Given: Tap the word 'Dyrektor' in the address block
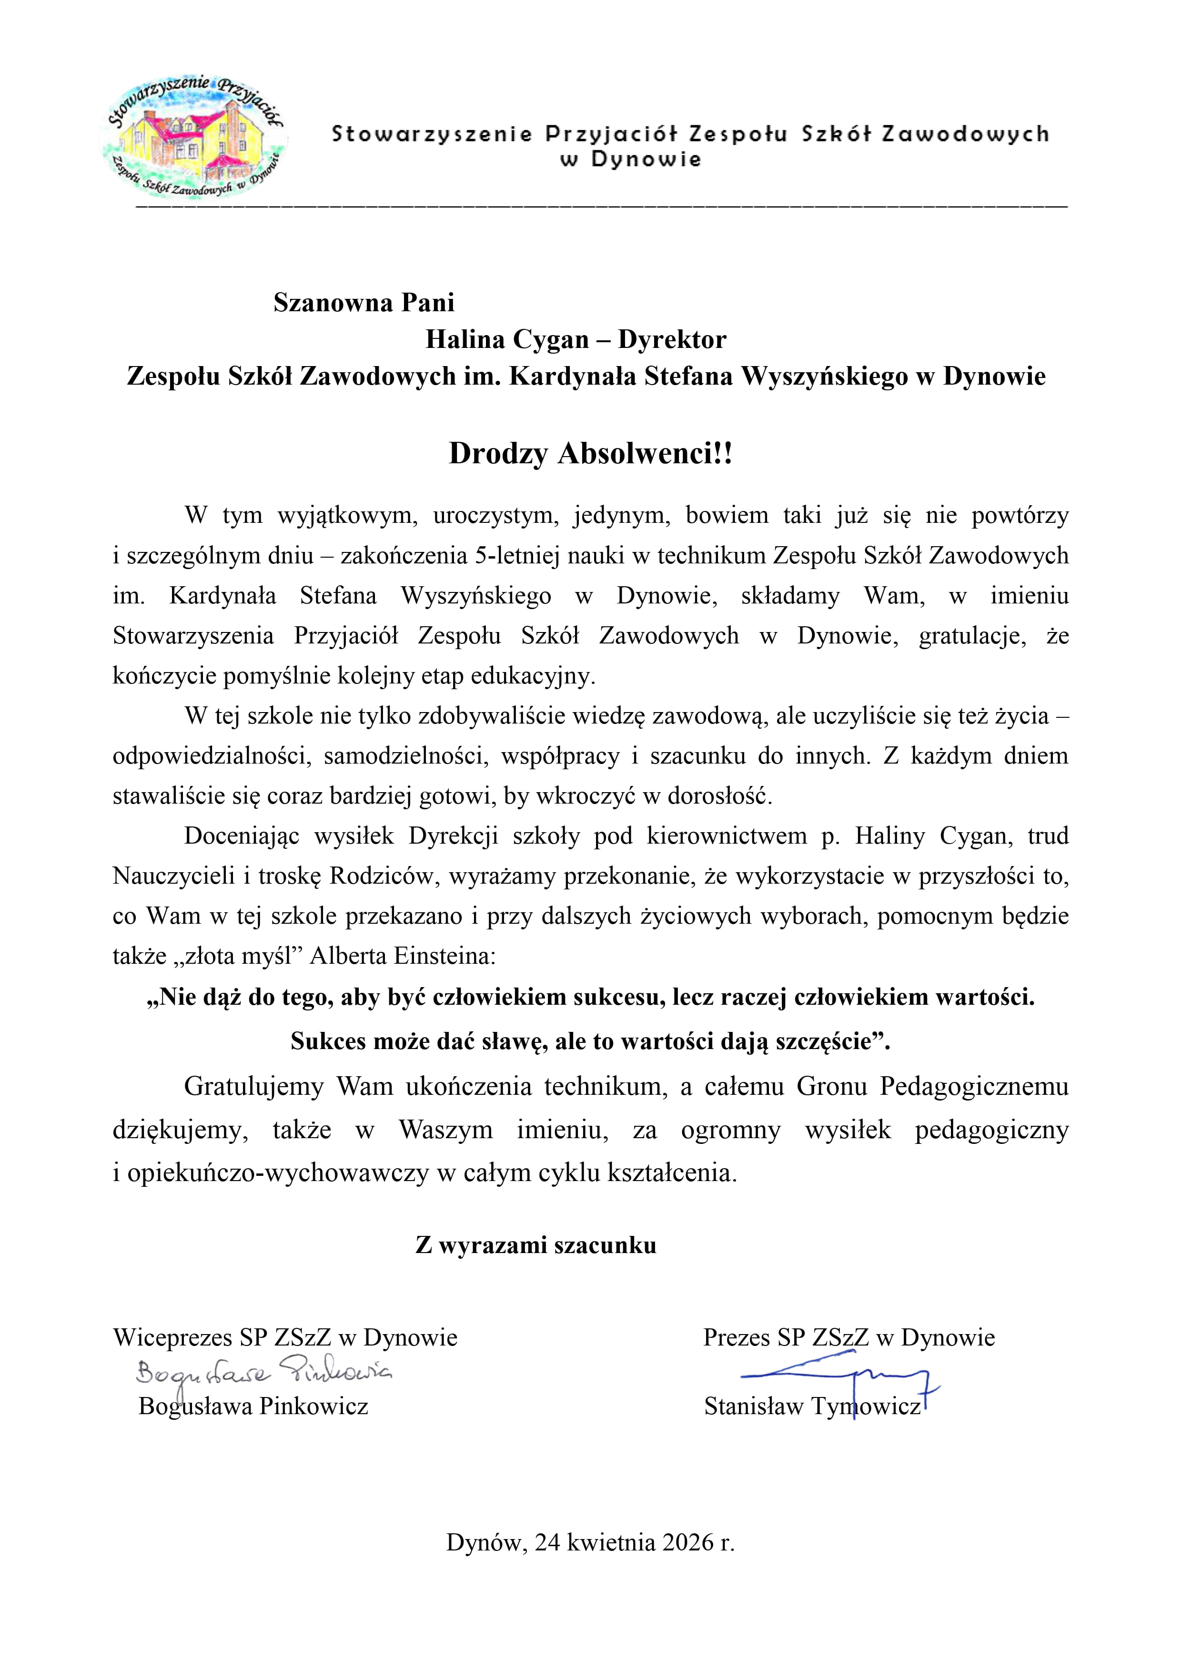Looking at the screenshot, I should point(672,339).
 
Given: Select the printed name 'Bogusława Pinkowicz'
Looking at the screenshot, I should point(253,1406).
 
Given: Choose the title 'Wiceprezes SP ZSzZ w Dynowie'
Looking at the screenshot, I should point(285,1338).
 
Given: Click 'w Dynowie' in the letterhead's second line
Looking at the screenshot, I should point(630,160).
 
